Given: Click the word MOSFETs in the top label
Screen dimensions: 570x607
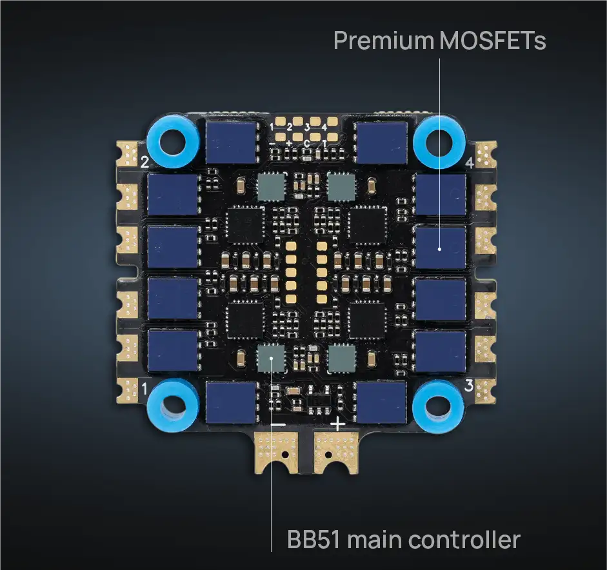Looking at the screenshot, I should pos(493,41).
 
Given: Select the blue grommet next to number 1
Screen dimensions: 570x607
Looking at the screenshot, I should pos(172,404).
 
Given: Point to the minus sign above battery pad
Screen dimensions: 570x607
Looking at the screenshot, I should pos(279,426).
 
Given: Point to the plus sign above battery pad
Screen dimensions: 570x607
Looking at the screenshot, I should pos(337,425).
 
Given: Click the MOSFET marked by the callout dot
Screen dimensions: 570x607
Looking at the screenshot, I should pos(441,248).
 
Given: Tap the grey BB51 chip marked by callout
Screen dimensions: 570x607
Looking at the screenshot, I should pos(270,357).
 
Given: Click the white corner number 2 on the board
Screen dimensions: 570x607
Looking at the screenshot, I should pos(144,162).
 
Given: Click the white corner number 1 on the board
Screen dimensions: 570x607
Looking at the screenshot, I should pos(144,389).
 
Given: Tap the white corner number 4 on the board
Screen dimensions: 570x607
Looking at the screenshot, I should pos(469,163).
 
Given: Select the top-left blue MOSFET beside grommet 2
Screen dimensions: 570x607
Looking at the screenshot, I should pos(232,142).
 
